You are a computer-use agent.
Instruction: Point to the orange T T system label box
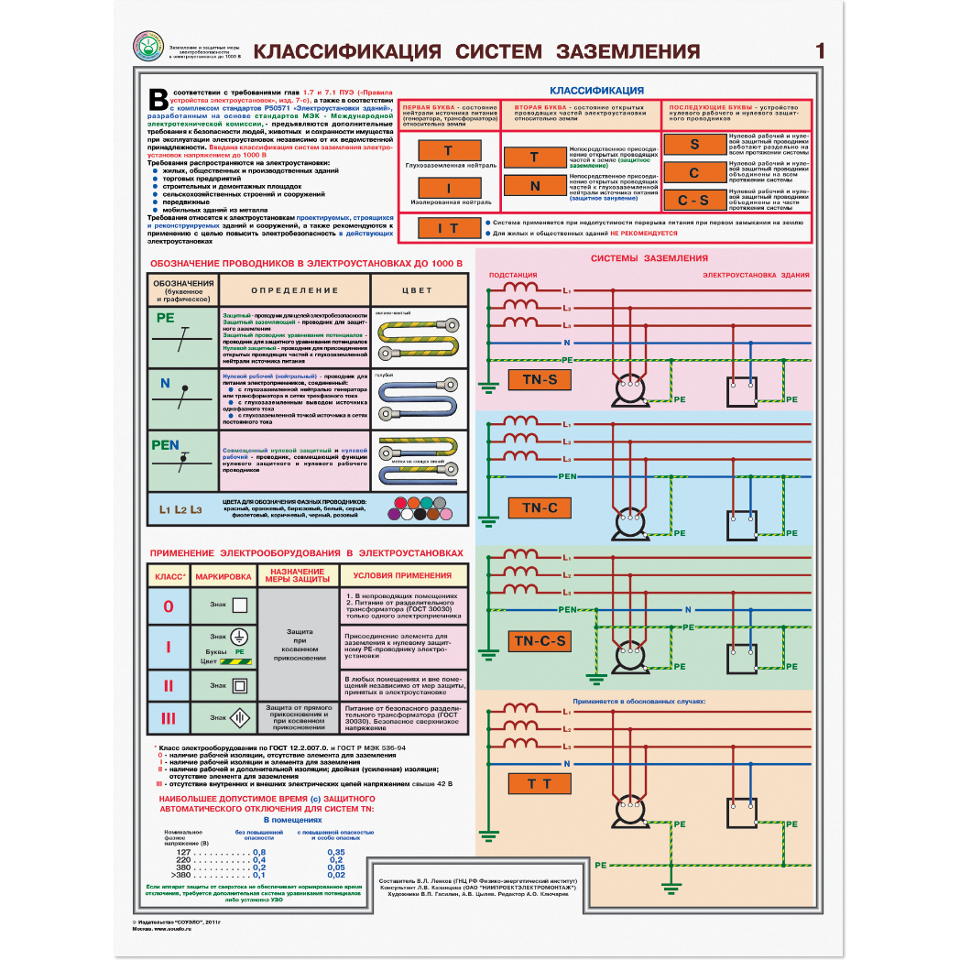click(x=540, y=783)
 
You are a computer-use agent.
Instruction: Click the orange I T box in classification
click(x=447, y=227)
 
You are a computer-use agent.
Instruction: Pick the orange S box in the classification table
click(x=693, y=144)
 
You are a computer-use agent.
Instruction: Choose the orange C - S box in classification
click(x=693, y=201)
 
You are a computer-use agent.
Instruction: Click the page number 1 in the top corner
click(x=820, y=51)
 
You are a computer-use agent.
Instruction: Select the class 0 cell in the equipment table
click(x=168, y=606)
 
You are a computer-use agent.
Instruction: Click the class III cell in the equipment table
click(x=168, y=718)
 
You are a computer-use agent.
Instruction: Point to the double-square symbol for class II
click(x=240, y=685)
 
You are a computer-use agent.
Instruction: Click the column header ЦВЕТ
click(x=419, y=290)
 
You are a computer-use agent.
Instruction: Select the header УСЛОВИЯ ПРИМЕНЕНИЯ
click(x=402, y=576)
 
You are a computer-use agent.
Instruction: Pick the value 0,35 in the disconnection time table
click(x=336, y=852)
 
